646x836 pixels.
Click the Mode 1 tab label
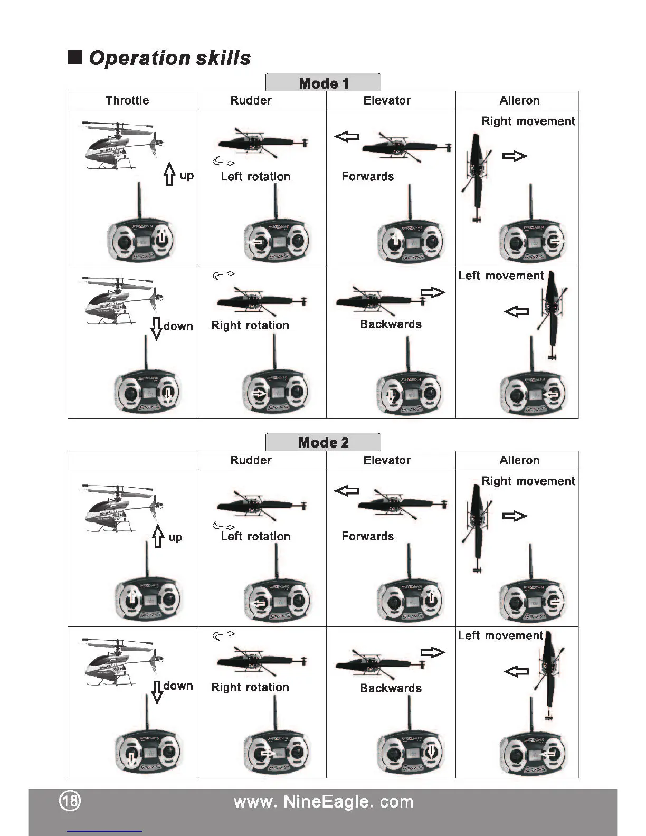click(x=324, y=83)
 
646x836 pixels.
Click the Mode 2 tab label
click(x=323, y=443)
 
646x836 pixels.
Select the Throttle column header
click(x=127, y=100)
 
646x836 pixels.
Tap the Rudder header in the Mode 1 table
click(x=251, y=100)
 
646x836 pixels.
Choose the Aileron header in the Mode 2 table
click(x=519, y=460)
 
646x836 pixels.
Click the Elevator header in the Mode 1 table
click(x=387, y=100)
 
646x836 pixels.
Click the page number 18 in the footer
click(x=70, y=801)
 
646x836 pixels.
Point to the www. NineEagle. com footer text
click(x=323, y=802)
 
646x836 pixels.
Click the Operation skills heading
click(x=169, y=58)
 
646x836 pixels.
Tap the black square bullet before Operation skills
click(x=75, y=58)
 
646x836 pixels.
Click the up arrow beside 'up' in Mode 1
click(x=169, y=174)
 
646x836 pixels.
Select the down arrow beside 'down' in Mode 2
click(x=157, y=691)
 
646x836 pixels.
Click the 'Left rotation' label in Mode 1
click(x=255, y=176)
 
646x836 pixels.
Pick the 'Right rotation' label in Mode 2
click(x=250, y=687)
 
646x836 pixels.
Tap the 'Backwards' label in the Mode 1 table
click(x=391, y=324)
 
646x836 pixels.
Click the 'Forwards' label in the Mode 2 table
click(x=367, y=536)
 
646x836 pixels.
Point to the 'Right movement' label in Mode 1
click(x=528, y=121)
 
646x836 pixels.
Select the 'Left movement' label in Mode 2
click(x=500, y=635)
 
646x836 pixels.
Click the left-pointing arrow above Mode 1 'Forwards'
click(x=347, y=137)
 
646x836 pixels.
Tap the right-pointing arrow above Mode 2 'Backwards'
click(x=433, y=653)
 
